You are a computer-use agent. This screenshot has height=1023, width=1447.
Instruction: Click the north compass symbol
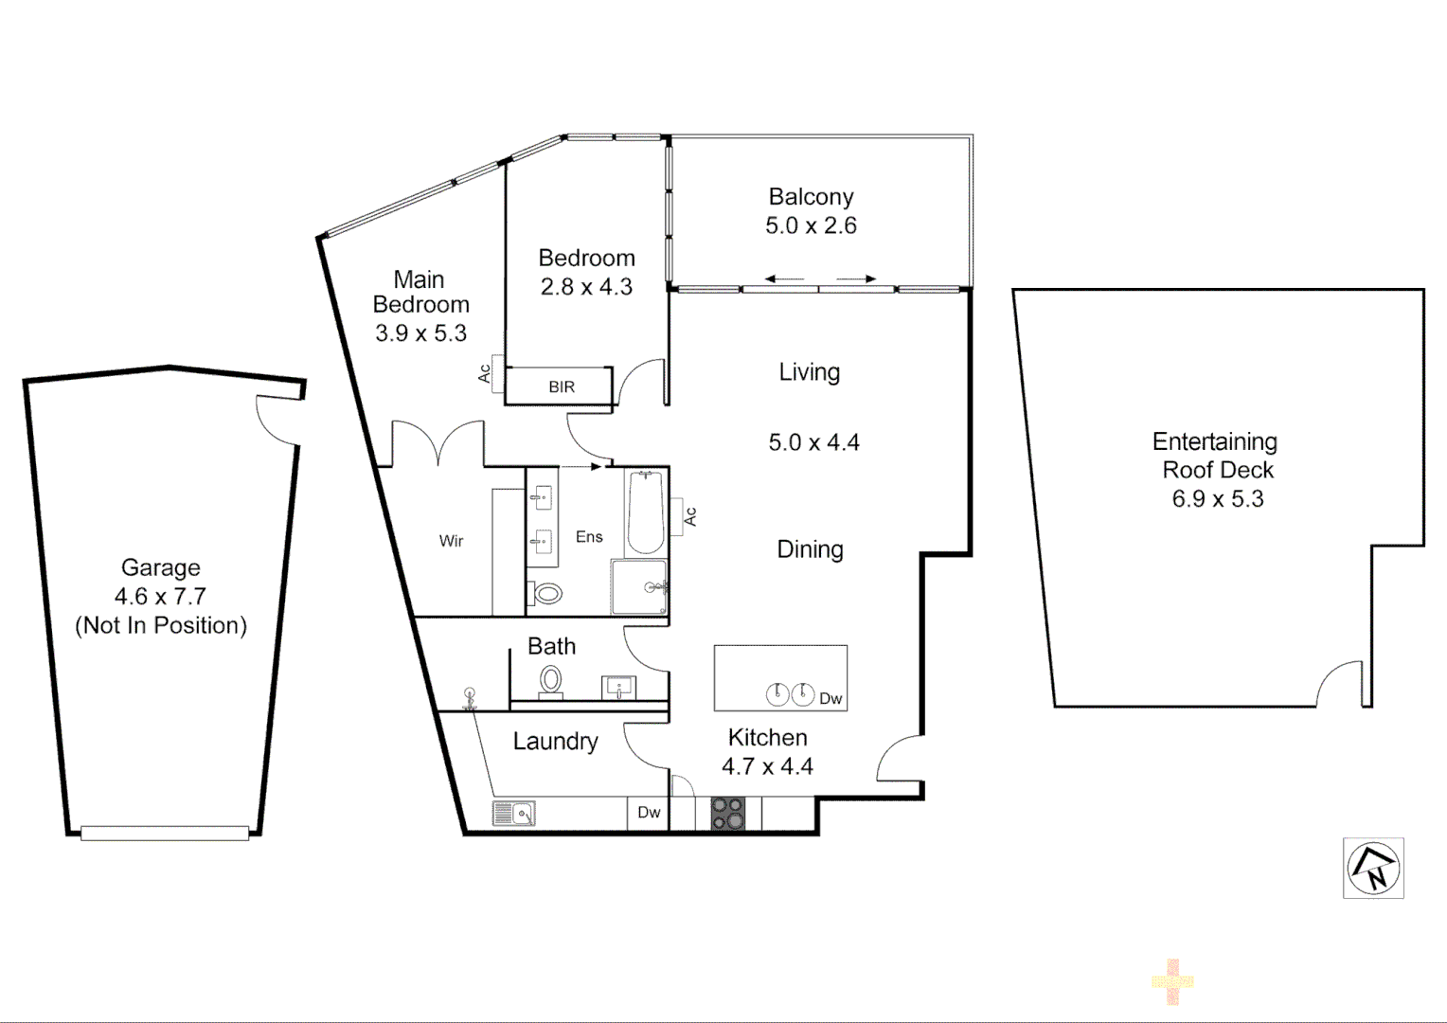coord(1373,868)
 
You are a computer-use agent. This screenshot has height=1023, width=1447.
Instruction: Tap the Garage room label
coord(161,567)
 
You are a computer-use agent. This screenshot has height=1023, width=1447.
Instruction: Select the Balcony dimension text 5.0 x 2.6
coord(812,225)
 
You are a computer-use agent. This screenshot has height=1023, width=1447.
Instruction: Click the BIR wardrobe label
coord(562,386)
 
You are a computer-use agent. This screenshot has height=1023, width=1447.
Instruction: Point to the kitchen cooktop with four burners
coord(727,814)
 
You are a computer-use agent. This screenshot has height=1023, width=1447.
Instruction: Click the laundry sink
coord(513,813)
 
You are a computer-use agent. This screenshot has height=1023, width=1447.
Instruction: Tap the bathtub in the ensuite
coord(646,511)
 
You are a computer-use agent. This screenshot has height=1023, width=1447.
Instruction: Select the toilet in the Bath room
coord(550,681)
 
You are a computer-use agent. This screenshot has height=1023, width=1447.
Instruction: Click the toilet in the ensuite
coord(547,594)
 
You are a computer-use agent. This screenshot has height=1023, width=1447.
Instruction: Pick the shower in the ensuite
coord(639,587)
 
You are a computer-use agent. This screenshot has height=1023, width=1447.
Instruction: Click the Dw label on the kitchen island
coord(831,699)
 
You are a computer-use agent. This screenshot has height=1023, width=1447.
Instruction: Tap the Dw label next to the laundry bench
coord(649,813)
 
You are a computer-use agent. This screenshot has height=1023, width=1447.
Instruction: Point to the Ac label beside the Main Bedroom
coord(485,374)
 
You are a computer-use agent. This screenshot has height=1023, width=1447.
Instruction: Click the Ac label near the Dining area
coord(690,516)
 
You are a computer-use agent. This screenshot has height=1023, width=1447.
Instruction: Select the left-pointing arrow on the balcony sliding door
coord(784,279)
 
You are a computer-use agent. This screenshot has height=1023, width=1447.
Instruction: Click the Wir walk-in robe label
coord(451,541)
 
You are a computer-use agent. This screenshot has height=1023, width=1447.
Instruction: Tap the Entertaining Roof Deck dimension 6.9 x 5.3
coord(1218,499)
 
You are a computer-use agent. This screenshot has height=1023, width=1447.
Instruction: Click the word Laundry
coord(555,741)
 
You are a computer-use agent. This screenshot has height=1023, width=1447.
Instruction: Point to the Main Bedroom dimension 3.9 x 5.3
coord(420,333)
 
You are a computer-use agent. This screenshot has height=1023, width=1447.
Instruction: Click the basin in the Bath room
coord(619,687)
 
